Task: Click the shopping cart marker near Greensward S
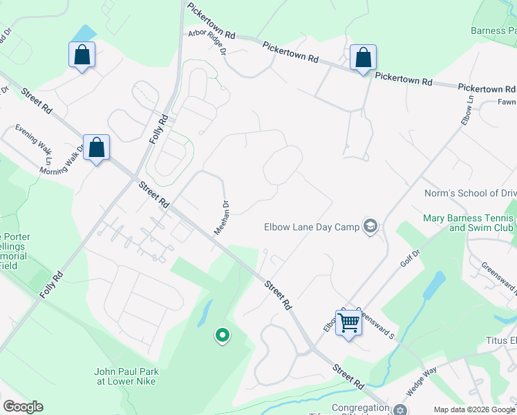349,322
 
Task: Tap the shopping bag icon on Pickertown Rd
363,58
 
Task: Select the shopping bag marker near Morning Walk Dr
97,147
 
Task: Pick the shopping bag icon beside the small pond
82,55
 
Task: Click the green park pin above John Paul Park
222,336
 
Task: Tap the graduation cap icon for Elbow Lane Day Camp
370,226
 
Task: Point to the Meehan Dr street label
221,217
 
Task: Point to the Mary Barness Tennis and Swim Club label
469,223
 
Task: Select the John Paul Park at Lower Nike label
126,376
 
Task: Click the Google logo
23,407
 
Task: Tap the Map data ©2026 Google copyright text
473,409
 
